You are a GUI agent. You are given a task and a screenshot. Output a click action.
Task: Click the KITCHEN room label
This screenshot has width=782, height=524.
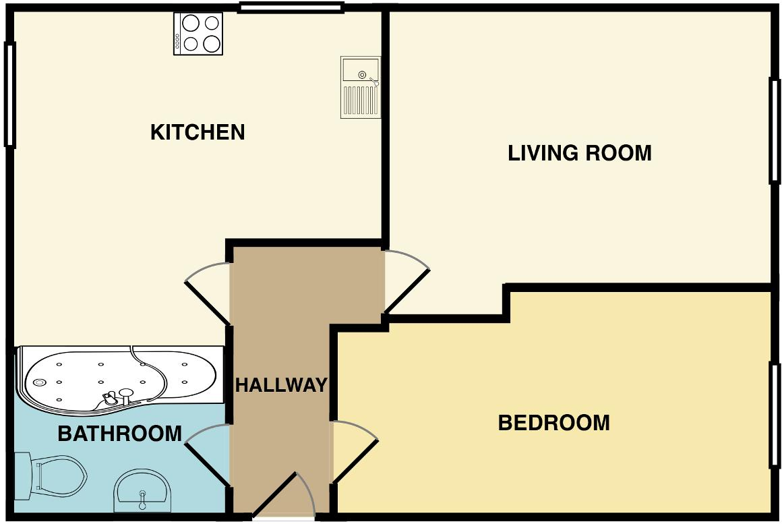point(197,132)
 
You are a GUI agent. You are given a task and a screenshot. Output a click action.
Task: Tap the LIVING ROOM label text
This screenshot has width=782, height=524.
point(579,153)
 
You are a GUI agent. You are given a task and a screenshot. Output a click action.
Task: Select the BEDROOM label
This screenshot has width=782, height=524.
point(553,423)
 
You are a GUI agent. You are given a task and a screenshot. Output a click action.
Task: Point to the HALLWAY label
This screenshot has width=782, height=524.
point(280,385)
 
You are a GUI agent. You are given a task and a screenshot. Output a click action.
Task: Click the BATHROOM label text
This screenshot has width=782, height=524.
point(120,433)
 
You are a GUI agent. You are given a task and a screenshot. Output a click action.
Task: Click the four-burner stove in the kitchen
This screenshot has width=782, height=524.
point(198,34)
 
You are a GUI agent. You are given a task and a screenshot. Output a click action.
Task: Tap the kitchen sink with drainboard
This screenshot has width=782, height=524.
point(361,86)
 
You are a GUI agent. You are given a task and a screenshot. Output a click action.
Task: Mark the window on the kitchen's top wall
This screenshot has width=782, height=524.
point(291,8)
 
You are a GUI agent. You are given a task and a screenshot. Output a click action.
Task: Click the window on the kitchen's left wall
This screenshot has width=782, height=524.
point(9,94)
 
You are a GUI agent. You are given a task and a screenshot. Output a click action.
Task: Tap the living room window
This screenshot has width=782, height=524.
point(775,131)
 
